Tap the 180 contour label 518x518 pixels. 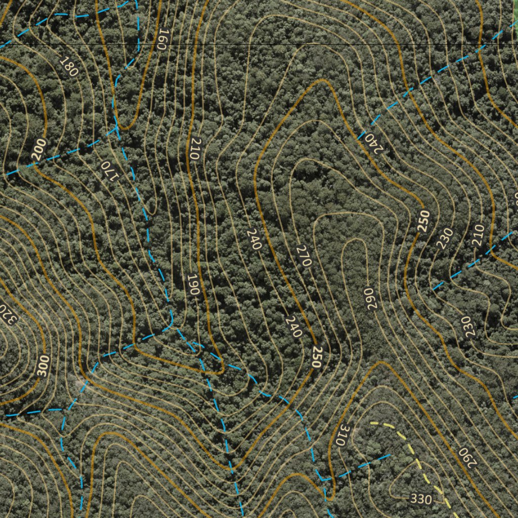point(69,67)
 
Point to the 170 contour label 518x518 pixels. point(109,170)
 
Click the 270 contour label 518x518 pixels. point(304,255)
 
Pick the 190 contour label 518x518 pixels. point(193,285)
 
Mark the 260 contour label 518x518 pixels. point(369,299)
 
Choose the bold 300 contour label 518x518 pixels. point(44,366)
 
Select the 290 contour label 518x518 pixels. point(467,457)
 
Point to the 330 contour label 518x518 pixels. point(421,499)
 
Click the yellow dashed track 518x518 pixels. point(410,445)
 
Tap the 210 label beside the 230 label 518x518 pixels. point(478,235)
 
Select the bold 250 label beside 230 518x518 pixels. point(424,221)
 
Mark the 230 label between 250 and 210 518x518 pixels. point(445,238)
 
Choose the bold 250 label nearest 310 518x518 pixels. point(317,357)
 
